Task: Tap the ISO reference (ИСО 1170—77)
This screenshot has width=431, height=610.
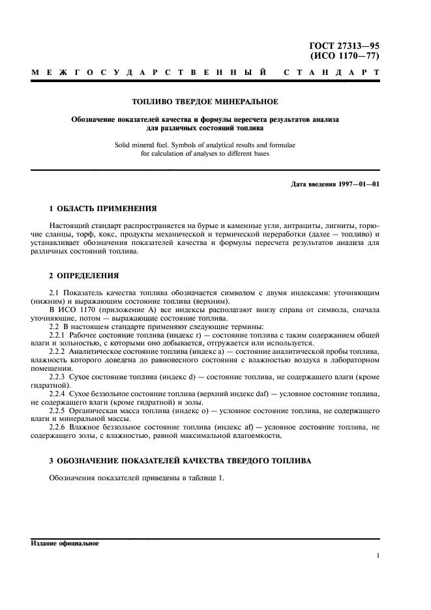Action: click(x=349, y=56)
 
